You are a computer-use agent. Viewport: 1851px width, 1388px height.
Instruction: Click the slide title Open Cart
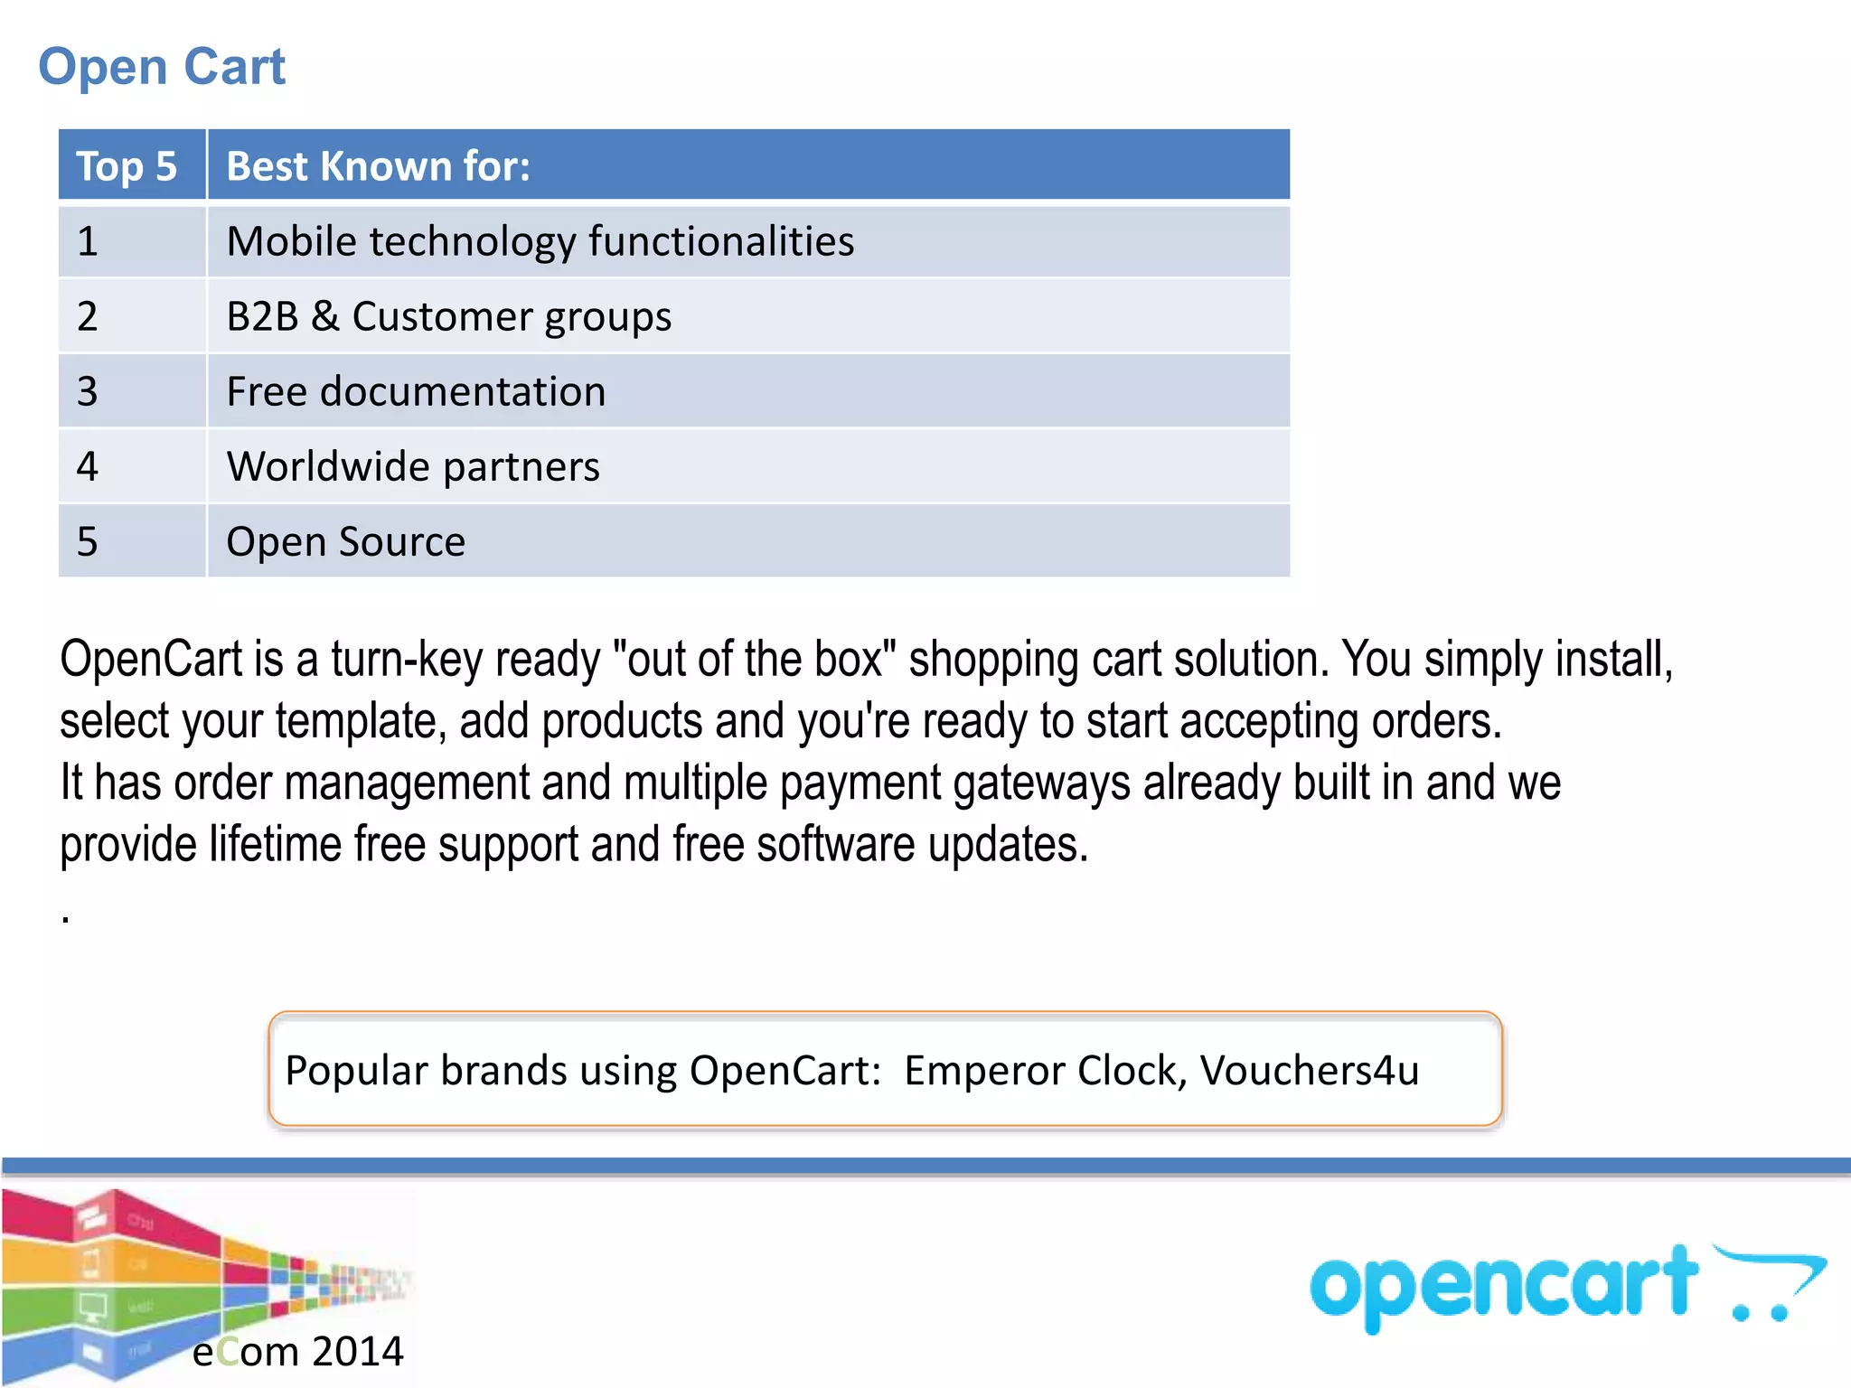(162, 67)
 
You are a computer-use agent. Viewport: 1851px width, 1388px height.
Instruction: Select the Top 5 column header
(127, 166)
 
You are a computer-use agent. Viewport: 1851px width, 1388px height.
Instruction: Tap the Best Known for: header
(378, 166)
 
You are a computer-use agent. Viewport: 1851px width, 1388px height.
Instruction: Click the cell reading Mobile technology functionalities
(540, 242)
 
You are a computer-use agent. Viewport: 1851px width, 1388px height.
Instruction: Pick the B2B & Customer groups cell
(448, 317)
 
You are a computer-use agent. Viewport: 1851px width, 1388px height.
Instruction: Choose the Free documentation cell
(416, 392)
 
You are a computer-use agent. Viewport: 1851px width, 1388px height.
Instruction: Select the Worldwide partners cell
(413, 467)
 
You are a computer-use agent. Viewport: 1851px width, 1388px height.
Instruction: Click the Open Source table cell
(345, 542)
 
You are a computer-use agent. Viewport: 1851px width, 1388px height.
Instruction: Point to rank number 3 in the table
(87, 392)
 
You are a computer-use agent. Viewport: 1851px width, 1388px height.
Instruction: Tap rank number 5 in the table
(87, 542)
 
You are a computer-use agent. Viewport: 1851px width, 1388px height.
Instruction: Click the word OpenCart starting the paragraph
(152, 660)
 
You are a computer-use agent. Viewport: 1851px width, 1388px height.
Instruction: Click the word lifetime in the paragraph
(275, 845)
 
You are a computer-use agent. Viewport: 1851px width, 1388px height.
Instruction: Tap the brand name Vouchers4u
(1310, 1071)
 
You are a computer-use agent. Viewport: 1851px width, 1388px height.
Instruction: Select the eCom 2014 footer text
(297, 1352)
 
